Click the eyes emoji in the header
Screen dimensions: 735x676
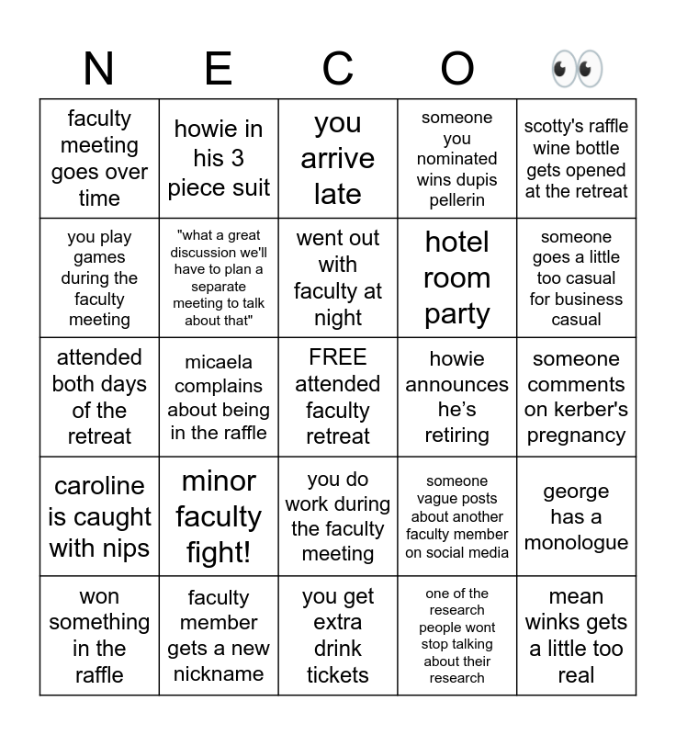(576, 69)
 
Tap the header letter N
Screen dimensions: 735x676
(98, 69)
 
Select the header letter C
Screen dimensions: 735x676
(337, 69)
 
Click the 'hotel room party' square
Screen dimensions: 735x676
(456, 277)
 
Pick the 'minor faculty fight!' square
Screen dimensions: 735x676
(219, 516)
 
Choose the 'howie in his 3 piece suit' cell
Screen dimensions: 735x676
(219, 158)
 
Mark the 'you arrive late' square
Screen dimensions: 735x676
(337, 158)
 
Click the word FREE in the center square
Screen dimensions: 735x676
(337, 357)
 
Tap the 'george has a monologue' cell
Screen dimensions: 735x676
(576, 516)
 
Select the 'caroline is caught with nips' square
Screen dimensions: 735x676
(99, 516)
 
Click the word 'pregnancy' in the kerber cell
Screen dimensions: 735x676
(576, 435)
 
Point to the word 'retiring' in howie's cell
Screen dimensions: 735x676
(456, 435)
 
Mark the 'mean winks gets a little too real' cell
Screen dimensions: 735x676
(576, 636)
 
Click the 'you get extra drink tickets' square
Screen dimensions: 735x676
(337, 636)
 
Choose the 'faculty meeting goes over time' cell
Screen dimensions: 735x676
(99, 158)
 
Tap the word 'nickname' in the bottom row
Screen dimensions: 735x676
(219, 674)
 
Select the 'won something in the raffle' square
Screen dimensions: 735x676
(99, 636)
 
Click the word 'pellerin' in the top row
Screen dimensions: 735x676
(456, 200)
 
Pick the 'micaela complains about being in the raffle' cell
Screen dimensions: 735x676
(219, 397)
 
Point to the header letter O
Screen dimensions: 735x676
(456, 69)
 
